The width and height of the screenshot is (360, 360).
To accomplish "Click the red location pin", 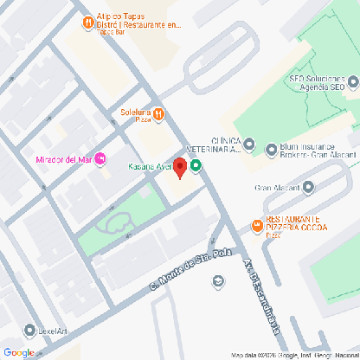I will pyautogui.click(x=180, y=168).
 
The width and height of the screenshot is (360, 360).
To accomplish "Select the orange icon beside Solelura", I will pyautogui.click(x=159, y=112).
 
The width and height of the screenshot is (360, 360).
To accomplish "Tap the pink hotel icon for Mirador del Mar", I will pyautogui.click(x=100, y=157).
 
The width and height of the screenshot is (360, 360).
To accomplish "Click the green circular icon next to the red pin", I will pyautogui.click(x=196, y=166).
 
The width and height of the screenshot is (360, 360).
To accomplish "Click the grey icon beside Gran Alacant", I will pyautogui.click(x=307, y=187).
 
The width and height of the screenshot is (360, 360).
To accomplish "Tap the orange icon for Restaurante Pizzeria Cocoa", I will pyautogui.click(x=257, y=226).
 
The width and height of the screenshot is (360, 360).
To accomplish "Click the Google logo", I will pyautogui.click(x=18, y=351).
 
